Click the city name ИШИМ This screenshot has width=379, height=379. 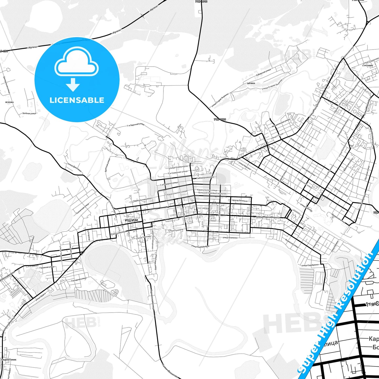(x=131, y=220)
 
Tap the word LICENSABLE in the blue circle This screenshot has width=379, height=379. (x=77, y=100)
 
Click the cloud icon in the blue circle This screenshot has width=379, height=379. (x=77, y=64)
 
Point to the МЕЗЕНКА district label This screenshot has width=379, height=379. (x=9, y=102)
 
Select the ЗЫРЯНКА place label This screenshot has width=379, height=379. (x=251, y=83)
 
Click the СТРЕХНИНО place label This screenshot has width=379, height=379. (x=367, y=66)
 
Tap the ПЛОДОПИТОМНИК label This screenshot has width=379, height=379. (x=9, y=360)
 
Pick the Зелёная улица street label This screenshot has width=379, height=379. (x=29, y=113)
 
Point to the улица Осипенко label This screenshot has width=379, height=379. (x=230, y=238)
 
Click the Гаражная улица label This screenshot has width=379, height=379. (x=47, y=267)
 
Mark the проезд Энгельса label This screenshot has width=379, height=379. (x=239, y=201)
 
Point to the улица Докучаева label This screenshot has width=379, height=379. (x=74, y=167)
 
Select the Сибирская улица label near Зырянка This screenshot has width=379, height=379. (x=263, y=73)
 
